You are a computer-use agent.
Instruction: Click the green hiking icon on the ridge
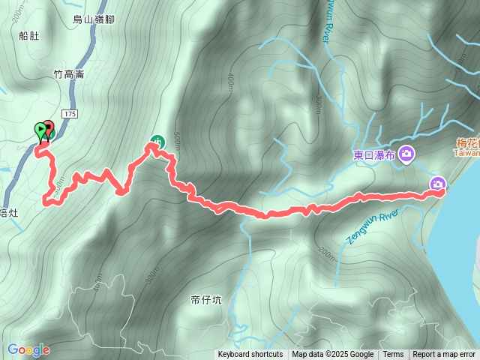[157, 139]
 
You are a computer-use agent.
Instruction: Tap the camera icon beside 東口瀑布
[406, 154]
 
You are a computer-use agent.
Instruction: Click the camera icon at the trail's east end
[438, 184]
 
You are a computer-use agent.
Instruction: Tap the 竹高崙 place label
[69, 74]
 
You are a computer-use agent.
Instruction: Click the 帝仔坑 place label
[206, 300]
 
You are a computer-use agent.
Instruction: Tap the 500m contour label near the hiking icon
[177, 140]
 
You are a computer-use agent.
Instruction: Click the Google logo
[28, 349]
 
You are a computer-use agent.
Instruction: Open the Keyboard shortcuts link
[250, 355]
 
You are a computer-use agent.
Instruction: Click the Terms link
[393, 355]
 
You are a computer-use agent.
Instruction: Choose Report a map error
[444, 355]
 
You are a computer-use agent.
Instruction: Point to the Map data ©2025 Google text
[332, 355]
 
